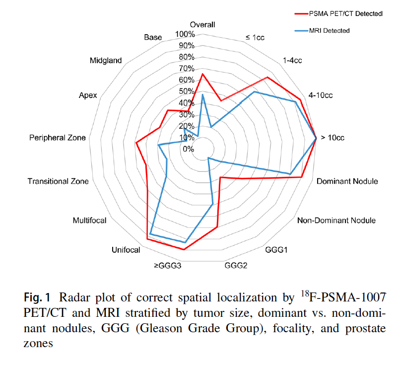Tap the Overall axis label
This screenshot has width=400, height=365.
pyautogui.click(x=202, y=25)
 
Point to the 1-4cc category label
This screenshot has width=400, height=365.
pyautogui.click(x=292, y=61)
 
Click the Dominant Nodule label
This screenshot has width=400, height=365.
pyautogui.click(x=347, y=181)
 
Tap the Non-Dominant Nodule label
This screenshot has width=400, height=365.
pyautogui.click(x=336, y=220)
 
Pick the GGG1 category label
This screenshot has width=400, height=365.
pyautogui.click(x=276, y=249)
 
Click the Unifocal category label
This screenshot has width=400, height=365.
pyautogui.click(x=126, y=250)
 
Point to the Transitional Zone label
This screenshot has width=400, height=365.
pyautogui.click(x=58, y=181)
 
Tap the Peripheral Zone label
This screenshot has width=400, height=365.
pyautogui.click(x=57, y=138)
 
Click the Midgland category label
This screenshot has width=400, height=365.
pyautogui.click(x=106, y=61)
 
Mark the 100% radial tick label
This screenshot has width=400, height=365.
pyautogui.click(x=185, y=34)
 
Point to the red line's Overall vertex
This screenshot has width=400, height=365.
pyautogui.click(x=202, y=74)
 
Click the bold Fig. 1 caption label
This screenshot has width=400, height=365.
pyautogui.click(x=37, y=298)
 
